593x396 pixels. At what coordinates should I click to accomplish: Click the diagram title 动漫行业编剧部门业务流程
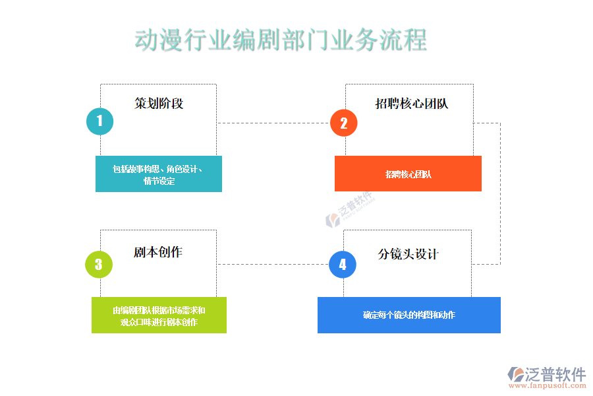coord(281,40)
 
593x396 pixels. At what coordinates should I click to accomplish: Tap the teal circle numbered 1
coord(99,121)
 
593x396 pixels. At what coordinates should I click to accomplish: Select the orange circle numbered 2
coord(343,123)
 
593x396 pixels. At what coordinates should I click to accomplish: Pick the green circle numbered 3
coord(99,265)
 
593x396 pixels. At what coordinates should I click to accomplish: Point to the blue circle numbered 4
coord(343,265)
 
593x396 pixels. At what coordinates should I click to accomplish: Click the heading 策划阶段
coord(159,104)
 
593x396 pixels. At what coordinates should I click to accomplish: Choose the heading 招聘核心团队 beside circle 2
coord(412,104)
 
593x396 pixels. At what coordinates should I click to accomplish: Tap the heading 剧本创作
coord(158,253)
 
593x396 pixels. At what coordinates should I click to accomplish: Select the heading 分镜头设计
coord(408,254)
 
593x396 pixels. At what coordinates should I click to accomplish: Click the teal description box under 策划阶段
coord(158,174)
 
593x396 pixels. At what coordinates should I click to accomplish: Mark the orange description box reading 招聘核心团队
coord(408,174)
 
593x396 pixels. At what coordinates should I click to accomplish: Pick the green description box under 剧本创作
coord(159,315)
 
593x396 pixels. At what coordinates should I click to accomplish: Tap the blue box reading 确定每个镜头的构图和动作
coord(409,315)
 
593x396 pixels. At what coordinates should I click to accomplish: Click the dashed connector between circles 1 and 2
coord(273,123)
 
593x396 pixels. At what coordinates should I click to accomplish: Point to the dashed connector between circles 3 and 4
coord(273,265)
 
